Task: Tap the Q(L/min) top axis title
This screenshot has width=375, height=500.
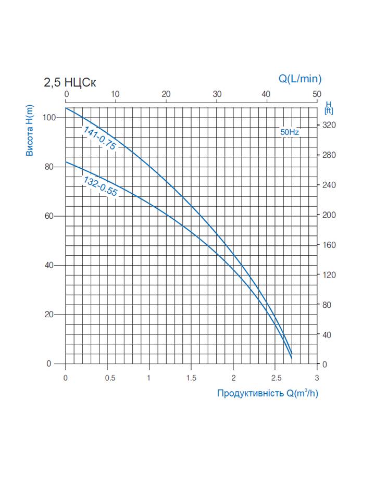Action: click(x=299, y=79)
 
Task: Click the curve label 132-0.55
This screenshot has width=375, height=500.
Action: click(x=101, y=186)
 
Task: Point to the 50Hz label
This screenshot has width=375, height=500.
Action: click(x=290, y=132)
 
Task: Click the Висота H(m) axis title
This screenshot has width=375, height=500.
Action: click(x=30, y=130)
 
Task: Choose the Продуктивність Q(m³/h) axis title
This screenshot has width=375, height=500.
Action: click(x=267, y=393)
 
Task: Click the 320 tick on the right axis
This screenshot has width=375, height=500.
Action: click(x=330, y=125)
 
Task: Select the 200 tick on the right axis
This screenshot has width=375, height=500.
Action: click(x=330, y=215)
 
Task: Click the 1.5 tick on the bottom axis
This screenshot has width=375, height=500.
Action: click(x=191, y=378)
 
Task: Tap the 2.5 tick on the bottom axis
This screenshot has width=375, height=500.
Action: click(x=275, y=378)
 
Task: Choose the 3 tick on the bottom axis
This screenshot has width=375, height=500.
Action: click(x=317, y=378)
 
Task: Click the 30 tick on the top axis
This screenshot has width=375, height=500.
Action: click(x=217, y=94)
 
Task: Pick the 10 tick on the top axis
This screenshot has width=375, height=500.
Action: click(x=116, y=94)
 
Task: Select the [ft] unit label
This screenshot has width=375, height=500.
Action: click(x=329, y=110)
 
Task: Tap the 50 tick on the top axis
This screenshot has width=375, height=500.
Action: click(x=317, y=94)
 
